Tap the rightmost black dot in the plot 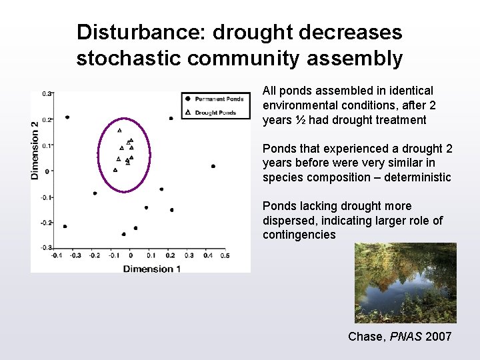[213, 166]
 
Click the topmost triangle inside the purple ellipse [119, 131]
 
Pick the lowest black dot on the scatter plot [124, 234]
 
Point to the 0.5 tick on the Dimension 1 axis [224, 255]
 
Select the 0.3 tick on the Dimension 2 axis [46, 94]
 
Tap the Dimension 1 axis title [152, 268]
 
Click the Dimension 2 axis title [35, 149]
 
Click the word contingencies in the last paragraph [299, 235]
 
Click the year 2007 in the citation [437, 337]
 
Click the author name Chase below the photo [365, 337]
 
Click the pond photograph [405, 283]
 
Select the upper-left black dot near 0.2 [67, 117]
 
